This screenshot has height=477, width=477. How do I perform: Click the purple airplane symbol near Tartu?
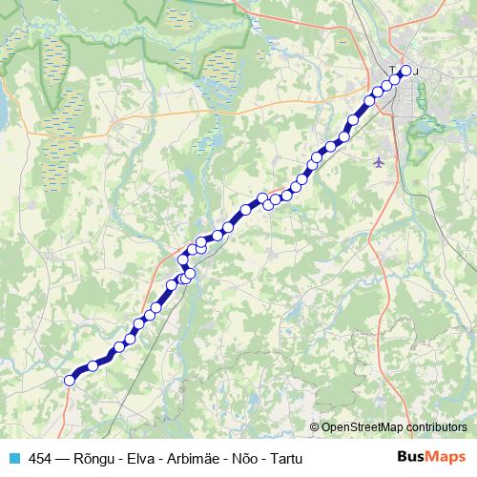click(x=381, y=160)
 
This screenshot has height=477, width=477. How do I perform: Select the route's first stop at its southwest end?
click(x=69, y=381)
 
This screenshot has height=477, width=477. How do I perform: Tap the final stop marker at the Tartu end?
click(x=405, y=71)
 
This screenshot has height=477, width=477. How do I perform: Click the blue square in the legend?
click(x=13, y=458)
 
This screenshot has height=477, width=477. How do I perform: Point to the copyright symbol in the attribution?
click(x=315, y=426)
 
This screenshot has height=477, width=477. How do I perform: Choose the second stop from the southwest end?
click(x=93, y=365)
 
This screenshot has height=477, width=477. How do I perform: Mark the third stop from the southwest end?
click(x=120, y=347)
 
